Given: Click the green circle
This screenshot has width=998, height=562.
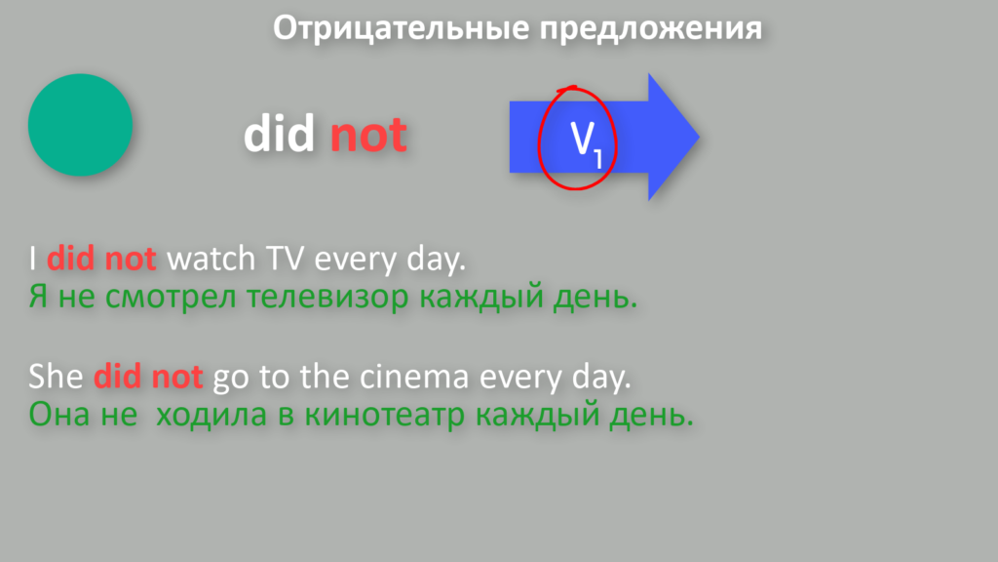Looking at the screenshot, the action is (x=80, y=125).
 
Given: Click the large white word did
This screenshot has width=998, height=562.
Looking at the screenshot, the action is (x=280, y=133).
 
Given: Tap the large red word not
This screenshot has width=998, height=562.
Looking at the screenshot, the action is (x=368, y=136).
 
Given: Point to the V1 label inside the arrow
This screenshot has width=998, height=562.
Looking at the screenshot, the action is (x=586, y=144).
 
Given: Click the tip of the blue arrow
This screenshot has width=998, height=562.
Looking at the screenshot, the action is (x=699, y=137).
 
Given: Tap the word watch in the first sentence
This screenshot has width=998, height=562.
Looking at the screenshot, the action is (x=211, y=259).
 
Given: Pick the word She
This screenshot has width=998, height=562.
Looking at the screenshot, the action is (x=56, y=377).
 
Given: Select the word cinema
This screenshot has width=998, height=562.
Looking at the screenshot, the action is (x=415, y=377).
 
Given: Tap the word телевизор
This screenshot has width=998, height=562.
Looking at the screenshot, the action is (x=327, y=298).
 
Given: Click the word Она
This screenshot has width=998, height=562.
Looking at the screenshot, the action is (x=56, y=415).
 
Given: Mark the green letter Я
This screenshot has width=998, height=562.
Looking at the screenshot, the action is (x=38, y=297).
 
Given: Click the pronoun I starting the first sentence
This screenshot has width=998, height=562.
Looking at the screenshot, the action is (x=32, y=259).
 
